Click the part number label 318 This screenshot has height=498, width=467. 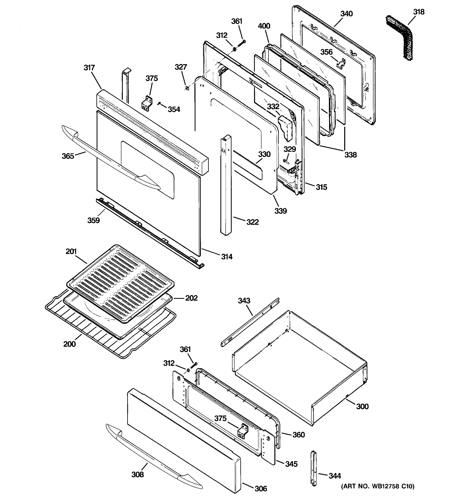419,12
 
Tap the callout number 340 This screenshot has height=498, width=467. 346,14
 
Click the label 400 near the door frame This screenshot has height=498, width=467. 264,26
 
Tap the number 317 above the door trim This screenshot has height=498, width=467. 89,68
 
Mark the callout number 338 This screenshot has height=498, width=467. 350,155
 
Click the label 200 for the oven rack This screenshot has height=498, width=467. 69,344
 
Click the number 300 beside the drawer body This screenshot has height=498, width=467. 362,406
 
